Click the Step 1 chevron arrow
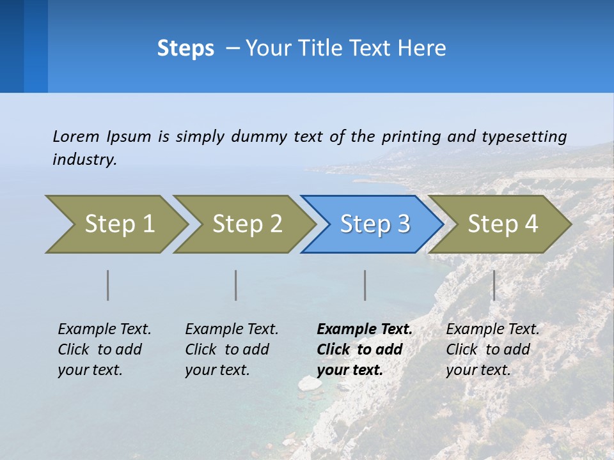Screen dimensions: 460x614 118,224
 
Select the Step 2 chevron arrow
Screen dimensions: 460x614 246,224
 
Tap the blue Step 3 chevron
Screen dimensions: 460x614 374,224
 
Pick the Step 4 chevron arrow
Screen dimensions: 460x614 502,224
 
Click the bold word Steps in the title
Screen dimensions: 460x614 185,49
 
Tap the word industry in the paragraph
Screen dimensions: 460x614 84,160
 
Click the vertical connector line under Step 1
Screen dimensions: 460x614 108,285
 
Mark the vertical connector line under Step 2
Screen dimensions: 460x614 236,285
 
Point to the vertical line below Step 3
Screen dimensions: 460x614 365,285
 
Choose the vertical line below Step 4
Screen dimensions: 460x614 494,285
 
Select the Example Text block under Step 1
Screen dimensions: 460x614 104,349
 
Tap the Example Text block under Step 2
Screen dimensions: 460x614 232,349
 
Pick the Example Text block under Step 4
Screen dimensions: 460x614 492,349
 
